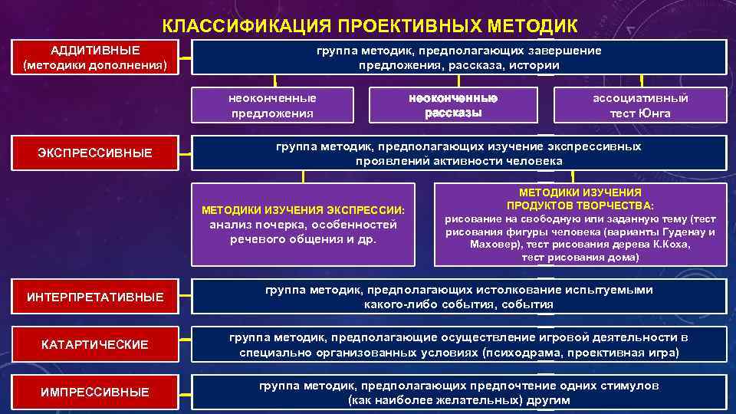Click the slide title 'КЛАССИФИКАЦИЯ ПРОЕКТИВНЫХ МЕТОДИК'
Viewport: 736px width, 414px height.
[x=369, y=26]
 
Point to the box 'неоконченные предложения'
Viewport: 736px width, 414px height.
[x=272, y=106]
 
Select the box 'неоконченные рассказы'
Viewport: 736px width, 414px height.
[x=453, y=106]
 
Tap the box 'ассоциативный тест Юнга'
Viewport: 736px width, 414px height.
[x=639, y=106]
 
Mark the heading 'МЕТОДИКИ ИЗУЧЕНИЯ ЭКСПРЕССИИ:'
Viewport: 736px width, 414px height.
[x=303, y=210]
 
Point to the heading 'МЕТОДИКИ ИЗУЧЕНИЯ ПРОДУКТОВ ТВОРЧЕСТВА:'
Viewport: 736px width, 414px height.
[x=580, y=199]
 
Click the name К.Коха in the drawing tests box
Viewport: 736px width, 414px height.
[x=672, y=245]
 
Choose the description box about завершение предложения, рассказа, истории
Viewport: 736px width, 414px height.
[x=458, y=58]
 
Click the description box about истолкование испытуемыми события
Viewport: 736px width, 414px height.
[x=458, y=297]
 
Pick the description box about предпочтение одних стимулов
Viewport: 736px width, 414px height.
[x=458, y=393]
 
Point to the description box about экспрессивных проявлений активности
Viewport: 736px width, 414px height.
[x=458, y=153]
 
